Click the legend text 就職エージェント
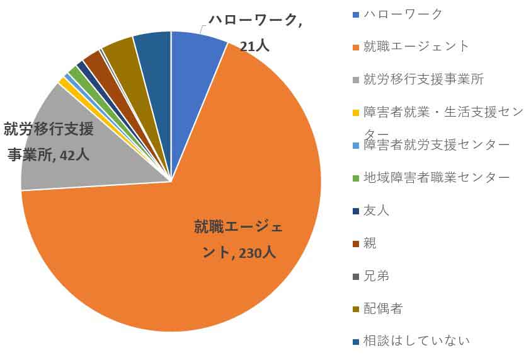pos(416,46)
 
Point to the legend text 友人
pos(376,210)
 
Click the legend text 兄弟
pos(376,276)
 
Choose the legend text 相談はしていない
pos(416,341)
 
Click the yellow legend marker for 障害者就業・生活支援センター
pos(357,112)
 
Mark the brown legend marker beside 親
pos(357,243)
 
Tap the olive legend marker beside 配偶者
pos(357,309)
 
